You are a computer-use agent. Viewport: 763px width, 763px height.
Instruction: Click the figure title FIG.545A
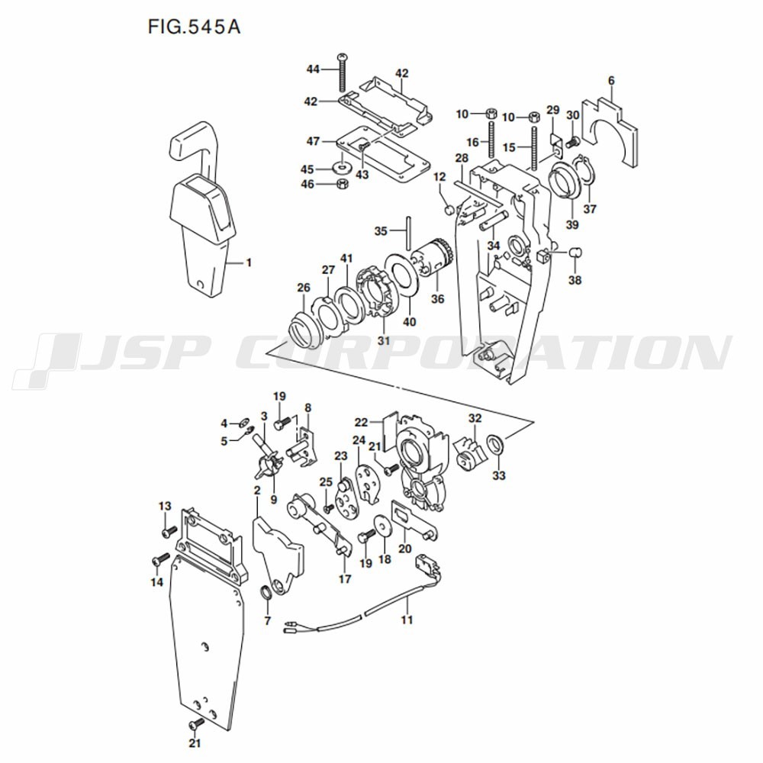194,27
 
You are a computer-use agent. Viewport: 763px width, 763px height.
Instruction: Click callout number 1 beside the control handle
249,262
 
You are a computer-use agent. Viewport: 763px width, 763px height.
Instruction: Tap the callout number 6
612,81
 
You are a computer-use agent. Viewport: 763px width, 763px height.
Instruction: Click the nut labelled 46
342,184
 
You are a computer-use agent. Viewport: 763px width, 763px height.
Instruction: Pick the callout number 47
313,141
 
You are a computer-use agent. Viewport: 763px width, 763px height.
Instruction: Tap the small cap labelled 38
575,252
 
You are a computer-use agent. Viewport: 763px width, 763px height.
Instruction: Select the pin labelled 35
407,232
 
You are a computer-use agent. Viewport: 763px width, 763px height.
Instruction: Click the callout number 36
437,298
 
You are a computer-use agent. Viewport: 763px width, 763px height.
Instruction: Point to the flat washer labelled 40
401,278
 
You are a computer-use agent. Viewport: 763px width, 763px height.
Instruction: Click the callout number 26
304,288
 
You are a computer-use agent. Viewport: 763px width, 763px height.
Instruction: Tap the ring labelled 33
495,444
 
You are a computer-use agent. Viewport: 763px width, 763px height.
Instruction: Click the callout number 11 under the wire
407,620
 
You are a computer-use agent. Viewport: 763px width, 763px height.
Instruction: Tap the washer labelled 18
383,526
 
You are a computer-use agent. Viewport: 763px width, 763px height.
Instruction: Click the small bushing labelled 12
450,210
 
